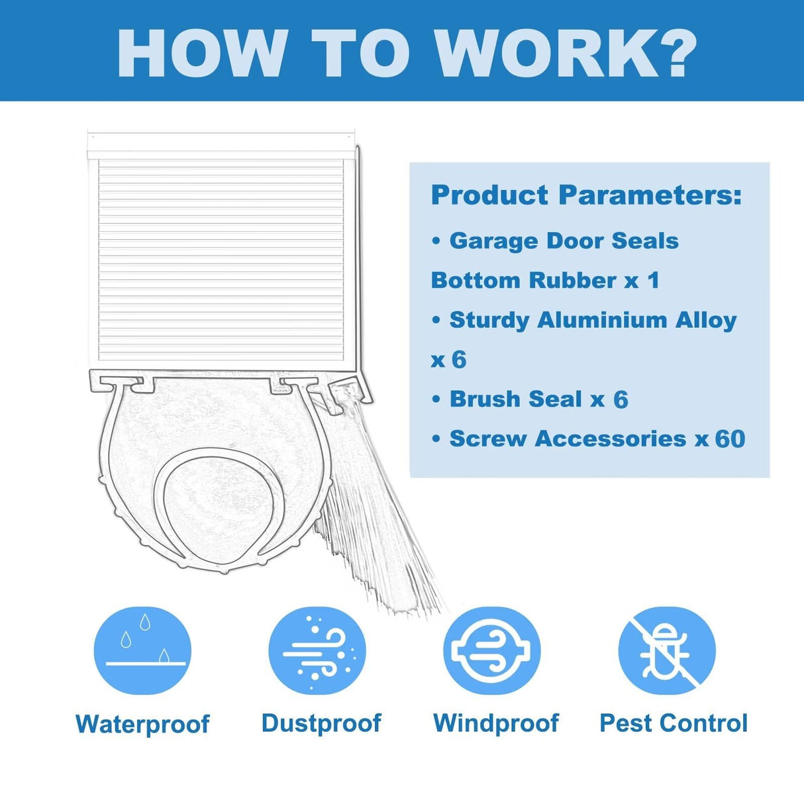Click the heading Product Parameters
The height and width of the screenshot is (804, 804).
(x=586, y=195)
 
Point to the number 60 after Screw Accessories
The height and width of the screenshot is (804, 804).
(x=730, y=438)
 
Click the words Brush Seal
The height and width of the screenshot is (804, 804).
(x=515, y=399)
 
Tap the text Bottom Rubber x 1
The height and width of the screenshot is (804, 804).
(x=545, y=280)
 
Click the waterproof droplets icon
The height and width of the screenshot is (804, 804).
(x=142, y=650)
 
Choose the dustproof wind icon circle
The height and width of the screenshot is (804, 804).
(x=317, y=650)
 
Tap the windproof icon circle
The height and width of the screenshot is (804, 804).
(x=492, y=650)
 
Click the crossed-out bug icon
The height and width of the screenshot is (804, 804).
(x=667, y=650)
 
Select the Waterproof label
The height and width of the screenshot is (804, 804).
(x=142, y=724)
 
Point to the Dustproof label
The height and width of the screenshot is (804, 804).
(x=321, y=723)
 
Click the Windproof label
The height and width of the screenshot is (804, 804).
(x=495, y=723)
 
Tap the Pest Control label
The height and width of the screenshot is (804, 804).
(x=674, y=723)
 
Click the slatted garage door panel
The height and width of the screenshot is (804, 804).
(x=221, y=260)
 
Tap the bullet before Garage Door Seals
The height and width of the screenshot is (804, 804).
(x=436, y=241)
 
